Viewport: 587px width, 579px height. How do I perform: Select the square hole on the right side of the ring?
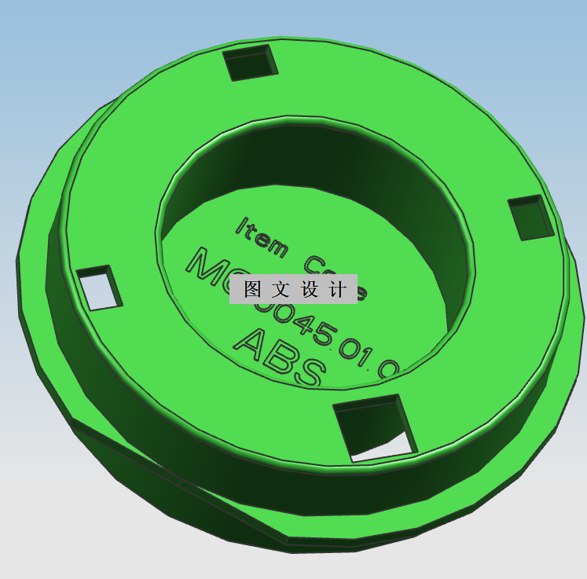click(531, 218)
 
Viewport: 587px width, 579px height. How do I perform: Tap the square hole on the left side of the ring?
click(101, 288)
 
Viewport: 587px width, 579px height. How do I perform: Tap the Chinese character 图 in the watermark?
click(252, 289)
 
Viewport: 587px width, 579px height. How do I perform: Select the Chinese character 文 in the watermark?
click(281, 289)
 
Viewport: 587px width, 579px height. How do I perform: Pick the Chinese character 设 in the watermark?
click(309, 289)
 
